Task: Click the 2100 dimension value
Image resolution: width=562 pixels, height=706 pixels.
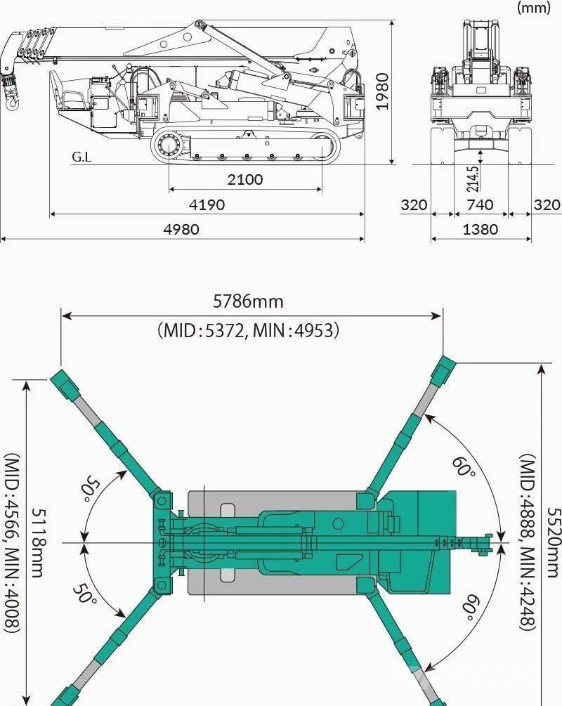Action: pyautogui.click(x=245, y=180)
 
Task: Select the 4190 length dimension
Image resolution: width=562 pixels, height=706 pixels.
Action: pyautogui.click(x=207, y=205)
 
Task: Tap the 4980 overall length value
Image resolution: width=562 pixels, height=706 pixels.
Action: pyautogui.click(x=181, y=230)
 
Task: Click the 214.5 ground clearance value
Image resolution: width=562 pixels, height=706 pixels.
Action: pyautogui.click(x=472, y=179)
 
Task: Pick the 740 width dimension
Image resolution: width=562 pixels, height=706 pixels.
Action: pyautogui.click(x=480, y=205)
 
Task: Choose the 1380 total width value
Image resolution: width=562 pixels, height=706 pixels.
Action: pyautogui.click(x=481, y=230)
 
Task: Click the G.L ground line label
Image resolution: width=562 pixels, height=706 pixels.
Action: pyautogui.click(x=81, y=157)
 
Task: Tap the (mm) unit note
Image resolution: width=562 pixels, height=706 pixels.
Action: pyautogui.click(x=534, y=8)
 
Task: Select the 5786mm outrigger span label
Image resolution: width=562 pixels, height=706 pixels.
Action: pyautogui.click(x=248, y=301)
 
